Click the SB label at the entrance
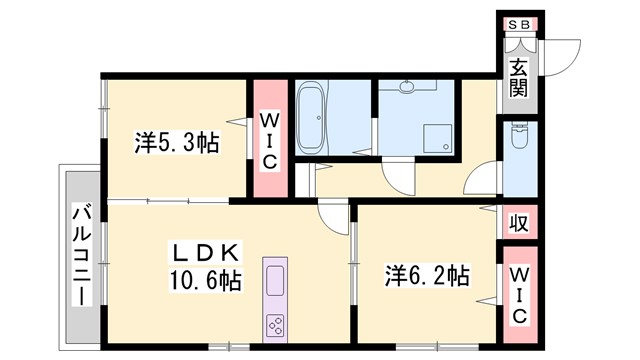[x=519, y=25]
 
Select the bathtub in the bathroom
[x=311, y=118]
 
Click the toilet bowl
[x=520, y=138]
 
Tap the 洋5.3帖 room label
[x=177, y=142]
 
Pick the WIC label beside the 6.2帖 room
[x=519, y=293]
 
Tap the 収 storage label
[x=519, y=221]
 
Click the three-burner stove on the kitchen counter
[x=275, y=325]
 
